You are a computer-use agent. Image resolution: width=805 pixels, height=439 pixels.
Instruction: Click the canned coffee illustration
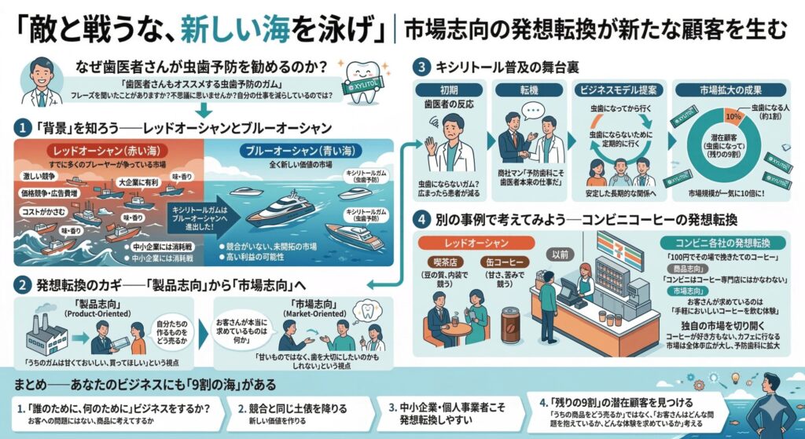(511, 324)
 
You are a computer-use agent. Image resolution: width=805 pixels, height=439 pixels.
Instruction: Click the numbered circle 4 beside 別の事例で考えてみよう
(422, 218)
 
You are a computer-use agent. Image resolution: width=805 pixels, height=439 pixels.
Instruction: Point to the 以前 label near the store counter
(561, 254)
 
